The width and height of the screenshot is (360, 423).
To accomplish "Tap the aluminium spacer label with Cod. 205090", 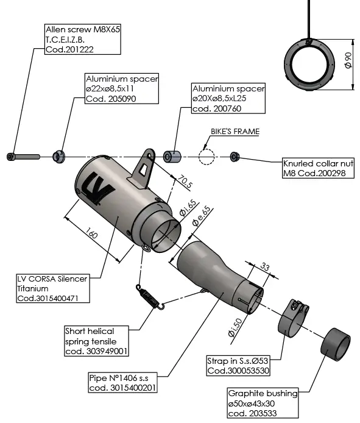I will [x=122, y=88].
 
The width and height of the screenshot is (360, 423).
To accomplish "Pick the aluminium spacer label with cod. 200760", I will [x=228, y=98].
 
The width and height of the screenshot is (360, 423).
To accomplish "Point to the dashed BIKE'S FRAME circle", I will [x=206, y=157].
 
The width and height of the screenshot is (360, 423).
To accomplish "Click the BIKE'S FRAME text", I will [x=235, y=131].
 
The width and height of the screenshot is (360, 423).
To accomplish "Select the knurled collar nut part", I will [x=234, y=157].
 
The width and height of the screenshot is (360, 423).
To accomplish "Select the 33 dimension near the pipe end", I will [x=265, y=266].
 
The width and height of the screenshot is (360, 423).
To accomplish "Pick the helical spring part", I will [x=150, y=297].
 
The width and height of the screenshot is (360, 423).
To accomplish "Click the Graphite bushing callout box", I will [x=263, y=403].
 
